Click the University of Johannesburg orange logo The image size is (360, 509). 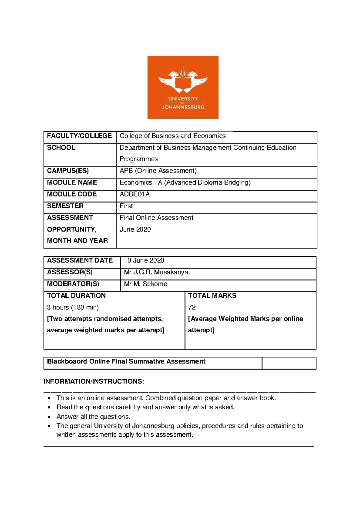click(183, 87)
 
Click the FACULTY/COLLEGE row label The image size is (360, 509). click(79, 136)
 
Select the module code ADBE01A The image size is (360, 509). click(134, 194)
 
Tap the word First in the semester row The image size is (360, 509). click(126, 206)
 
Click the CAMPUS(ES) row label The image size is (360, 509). click(68, 171)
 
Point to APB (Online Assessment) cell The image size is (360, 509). click(158, 171)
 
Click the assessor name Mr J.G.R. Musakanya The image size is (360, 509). click(156, 272)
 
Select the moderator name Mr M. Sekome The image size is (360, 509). click(145, 284)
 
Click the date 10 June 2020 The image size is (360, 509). click(144, 261)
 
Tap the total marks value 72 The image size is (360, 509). click(192, 307)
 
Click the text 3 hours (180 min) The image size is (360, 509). click(73, 307)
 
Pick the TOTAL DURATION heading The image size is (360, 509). click(76, 296)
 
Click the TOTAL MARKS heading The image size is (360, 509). click(212, 296)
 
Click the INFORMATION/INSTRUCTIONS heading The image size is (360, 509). click(94, 381)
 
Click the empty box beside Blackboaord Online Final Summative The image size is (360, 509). click(289, 363)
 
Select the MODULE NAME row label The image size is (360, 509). click(72, 182)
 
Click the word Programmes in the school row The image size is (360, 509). click(138, 159)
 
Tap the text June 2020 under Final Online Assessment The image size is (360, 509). click(135, 230)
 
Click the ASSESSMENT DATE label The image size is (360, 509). click(80, 261)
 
